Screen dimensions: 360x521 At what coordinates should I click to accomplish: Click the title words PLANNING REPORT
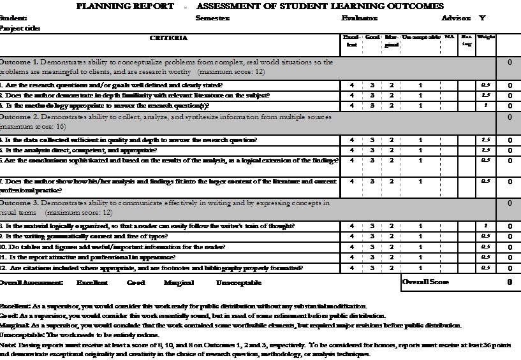(125, 6)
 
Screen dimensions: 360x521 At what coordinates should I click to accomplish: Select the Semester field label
(212, 18)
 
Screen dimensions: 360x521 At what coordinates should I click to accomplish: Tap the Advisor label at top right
(462, 18)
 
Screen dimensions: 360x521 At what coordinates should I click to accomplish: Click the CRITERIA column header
(168, 39)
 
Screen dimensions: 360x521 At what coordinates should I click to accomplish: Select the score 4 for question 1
(352, 85)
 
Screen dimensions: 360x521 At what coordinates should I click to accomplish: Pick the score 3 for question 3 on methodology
(372, 106)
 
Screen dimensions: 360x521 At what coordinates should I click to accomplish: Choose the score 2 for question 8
(392, 226)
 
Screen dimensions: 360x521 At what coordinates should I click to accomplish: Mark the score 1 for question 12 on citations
(420, 268)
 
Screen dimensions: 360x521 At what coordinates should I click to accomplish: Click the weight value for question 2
(485, 96)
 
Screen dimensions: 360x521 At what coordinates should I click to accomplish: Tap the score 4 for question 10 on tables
(352, 247)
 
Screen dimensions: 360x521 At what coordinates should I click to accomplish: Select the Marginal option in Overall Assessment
(179, 282)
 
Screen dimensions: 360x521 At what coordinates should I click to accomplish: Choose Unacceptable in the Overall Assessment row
(238, 282)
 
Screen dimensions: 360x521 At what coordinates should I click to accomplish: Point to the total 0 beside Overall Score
(509, 282)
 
